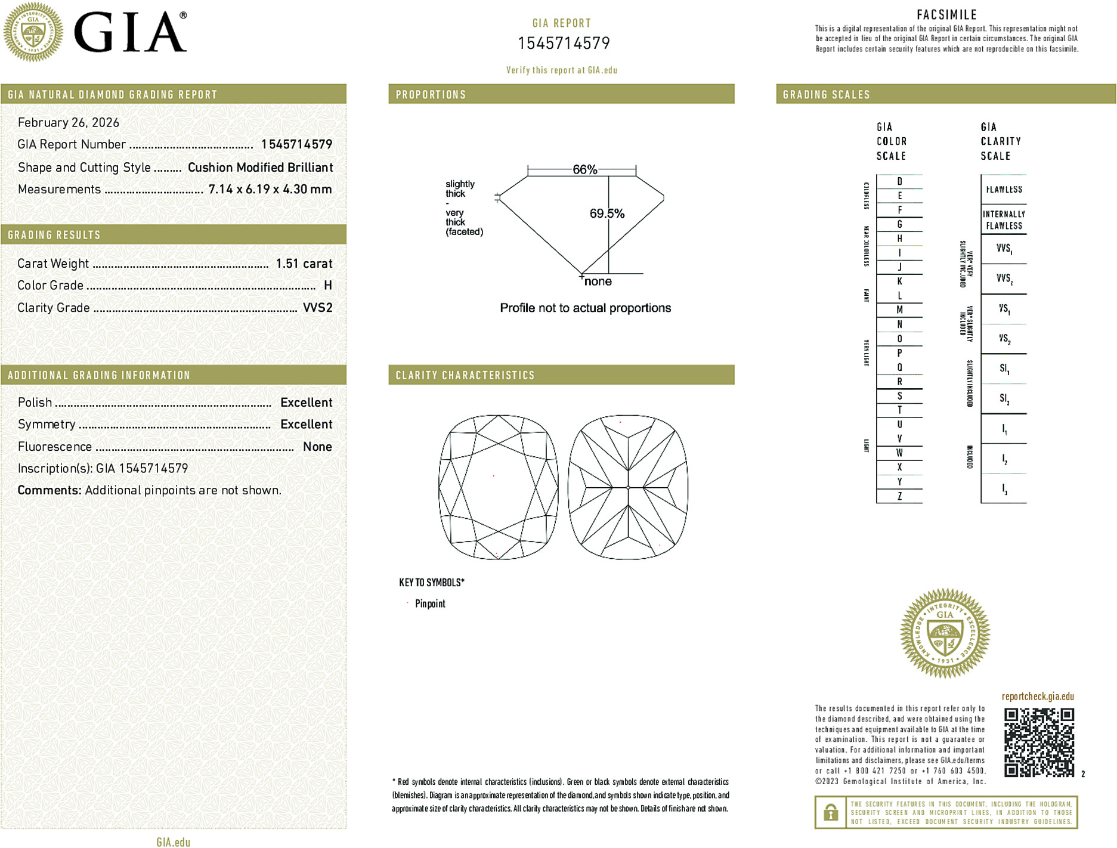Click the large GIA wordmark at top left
[x=130, y=33]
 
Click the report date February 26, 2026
[x=69, y=123]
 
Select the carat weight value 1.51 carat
[x=304, y=264]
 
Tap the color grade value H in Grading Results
[x=327, y=286]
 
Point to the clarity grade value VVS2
[x=317, y=308]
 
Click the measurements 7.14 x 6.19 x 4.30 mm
[x=270, y=190]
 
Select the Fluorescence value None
[x=317, y=447]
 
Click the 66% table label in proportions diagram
[x=584, y=169]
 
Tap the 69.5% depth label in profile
[x=607, y=213]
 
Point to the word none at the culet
[x=598, y=281]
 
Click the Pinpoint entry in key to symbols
[x=430, y=603]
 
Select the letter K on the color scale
[x=899, y=281]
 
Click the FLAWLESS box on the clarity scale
[x=1004, y=190]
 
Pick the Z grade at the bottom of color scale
[x=899, y=496]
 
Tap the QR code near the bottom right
[x=1039, y=742]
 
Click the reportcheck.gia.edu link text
[x=1038, y=697]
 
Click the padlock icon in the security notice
[x=830, y=812]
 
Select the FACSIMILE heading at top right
[x=946, y=15]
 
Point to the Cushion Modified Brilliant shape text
[x=260, y=168]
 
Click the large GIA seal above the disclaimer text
[x=945, y=633]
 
